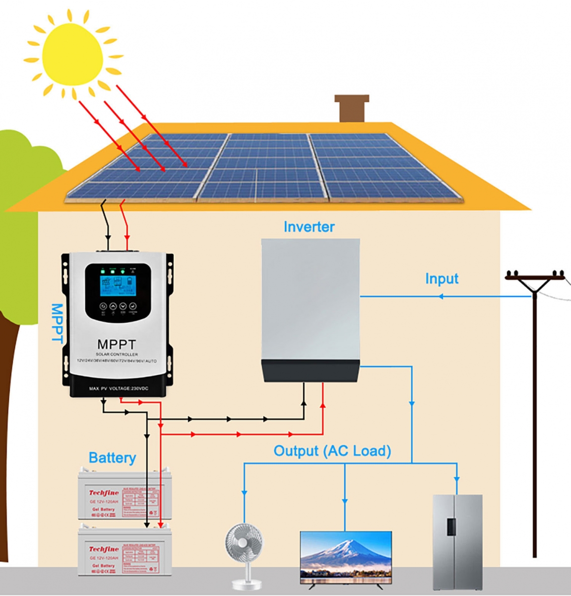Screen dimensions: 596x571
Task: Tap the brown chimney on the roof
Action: (352, 108)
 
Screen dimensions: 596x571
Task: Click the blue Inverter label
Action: (309, 227)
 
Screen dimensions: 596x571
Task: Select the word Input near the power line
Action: (442, 279)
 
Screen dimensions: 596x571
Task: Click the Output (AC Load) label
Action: (332, 451)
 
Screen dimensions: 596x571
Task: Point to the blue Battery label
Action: (112, 457)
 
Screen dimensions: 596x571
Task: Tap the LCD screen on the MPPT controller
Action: (118, 283)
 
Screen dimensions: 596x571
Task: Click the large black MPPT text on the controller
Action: (117, 344)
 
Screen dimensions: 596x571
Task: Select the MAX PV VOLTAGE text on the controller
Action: (119, 388)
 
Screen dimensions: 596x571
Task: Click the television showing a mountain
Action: (346, 557)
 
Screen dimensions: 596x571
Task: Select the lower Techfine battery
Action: (125, 551)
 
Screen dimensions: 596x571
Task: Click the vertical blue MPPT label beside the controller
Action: (58, 323)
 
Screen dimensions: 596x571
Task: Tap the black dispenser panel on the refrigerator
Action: (451, 526)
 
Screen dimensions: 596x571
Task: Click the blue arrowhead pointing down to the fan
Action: (244, 492)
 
